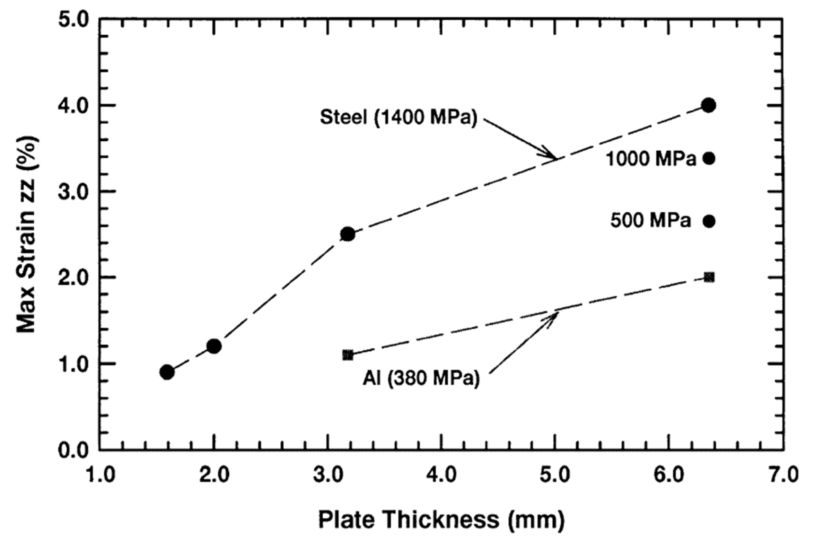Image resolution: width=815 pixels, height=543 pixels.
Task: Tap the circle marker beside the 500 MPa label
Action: coord(709,221)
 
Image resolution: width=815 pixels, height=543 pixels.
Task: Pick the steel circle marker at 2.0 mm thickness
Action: coord(214,346)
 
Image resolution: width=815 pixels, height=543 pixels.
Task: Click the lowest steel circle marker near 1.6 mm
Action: coord(167,372)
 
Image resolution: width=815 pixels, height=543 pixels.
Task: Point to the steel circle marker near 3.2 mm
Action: coord(348,234)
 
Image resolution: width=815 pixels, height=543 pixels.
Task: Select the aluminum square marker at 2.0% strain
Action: coord(709,277)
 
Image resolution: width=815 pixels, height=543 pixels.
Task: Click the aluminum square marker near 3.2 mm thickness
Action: coord(348,355)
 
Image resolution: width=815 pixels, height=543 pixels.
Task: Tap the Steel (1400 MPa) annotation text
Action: coord(398,118)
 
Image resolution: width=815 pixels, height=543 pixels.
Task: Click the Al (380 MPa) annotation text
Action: coord(421,379)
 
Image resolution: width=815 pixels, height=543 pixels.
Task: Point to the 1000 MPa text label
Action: coord(651,159)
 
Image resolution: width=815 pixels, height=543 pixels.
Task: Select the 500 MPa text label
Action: coord(651,221)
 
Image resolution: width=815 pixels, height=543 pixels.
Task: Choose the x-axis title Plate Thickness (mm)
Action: coord(441,520)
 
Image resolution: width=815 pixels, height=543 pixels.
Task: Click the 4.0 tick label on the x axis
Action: coord(441,476)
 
